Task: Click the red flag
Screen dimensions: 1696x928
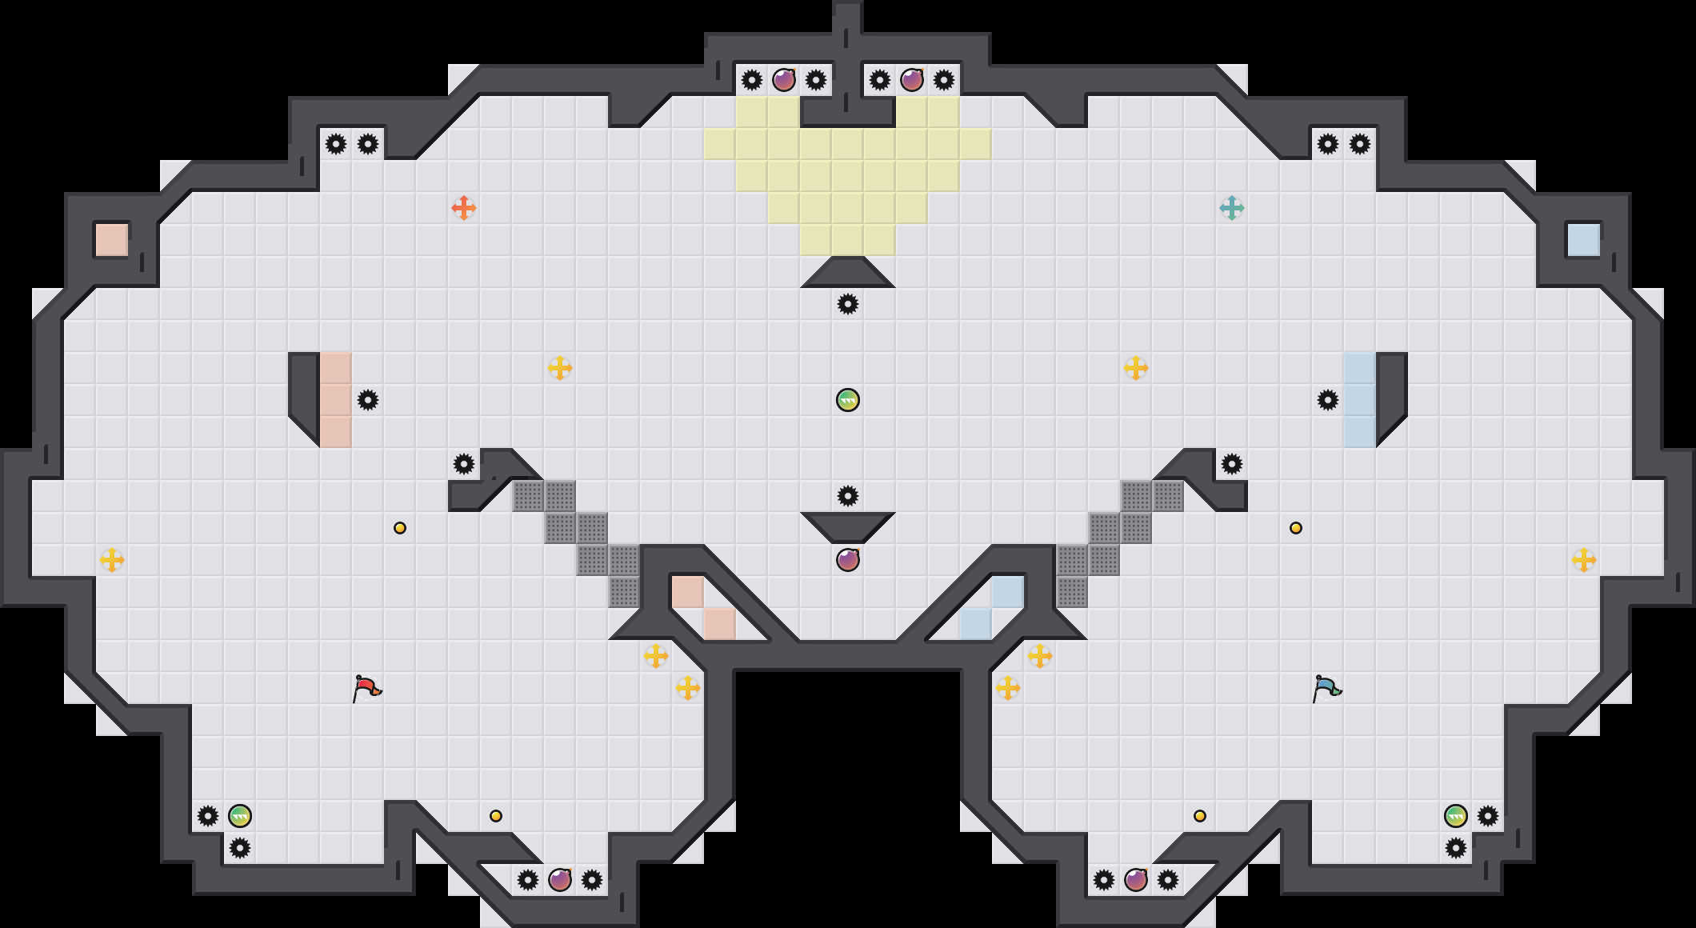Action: coord(366,687)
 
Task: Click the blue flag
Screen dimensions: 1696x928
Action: coord(1326,687)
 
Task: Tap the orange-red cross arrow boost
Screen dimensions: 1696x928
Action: coord(464,208)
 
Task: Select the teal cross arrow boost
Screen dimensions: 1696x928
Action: coord(1232,208)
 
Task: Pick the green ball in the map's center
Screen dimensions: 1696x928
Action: coord(848,400)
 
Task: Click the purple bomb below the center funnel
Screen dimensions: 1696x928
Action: coord(848,560)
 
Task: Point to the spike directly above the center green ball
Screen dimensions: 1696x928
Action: coord(848,304)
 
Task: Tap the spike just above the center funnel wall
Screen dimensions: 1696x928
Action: coord(848,496)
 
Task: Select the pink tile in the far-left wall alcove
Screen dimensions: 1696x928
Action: coord(112,240)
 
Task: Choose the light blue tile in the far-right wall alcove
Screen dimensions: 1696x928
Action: coord(1584,240)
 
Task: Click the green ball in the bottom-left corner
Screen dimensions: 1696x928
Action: coord(240,816)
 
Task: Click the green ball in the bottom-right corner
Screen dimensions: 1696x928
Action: coord(1456,816)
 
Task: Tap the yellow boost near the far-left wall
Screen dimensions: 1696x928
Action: coord(112,560)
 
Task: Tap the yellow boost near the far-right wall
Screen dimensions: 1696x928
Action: coord(1584,560)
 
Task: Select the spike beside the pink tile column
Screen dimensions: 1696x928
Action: coord(368,400)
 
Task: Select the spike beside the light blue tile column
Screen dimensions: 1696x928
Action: coord(1328,400)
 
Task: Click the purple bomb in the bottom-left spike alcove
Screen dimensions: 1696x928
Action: coord(560,880)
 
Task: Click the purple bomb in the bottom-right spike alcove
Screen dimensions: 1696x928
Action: coord(1136,880)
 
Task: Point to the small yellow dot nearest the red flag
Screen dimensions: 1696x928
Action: coord(400,528)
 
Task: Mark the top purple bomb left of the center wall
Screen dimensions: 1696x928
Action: coord(784,80)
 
